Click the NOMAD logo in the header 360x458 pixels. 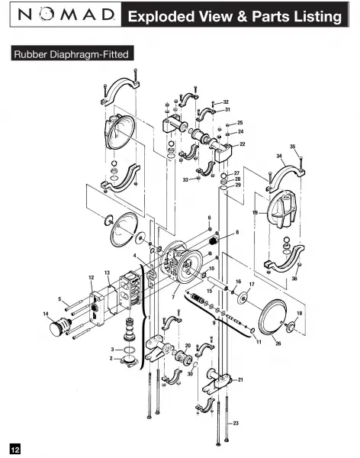[x=66, y=15]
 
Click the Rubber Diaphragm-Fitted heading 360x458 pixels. [x=72, y=54]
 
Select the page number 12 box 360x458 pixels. [x=15, y=448]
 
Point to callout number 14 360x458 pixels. [x=46, y=314]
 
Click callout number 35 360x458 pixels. [x=293, y=147]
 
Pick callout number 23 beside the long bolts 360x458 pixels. [x=236, y=423]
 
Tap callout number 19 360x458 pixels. [x=256, y=212]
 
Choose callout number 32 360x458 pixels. [x=226, y=102]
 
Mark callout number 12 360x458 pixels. [x=92, y=278]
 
